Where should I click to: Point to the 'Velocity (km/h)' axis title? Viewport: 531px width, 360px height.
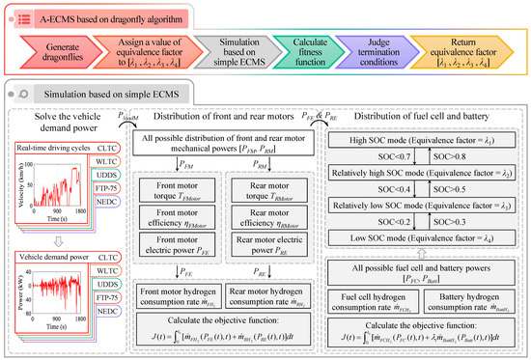coord(21,186)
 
